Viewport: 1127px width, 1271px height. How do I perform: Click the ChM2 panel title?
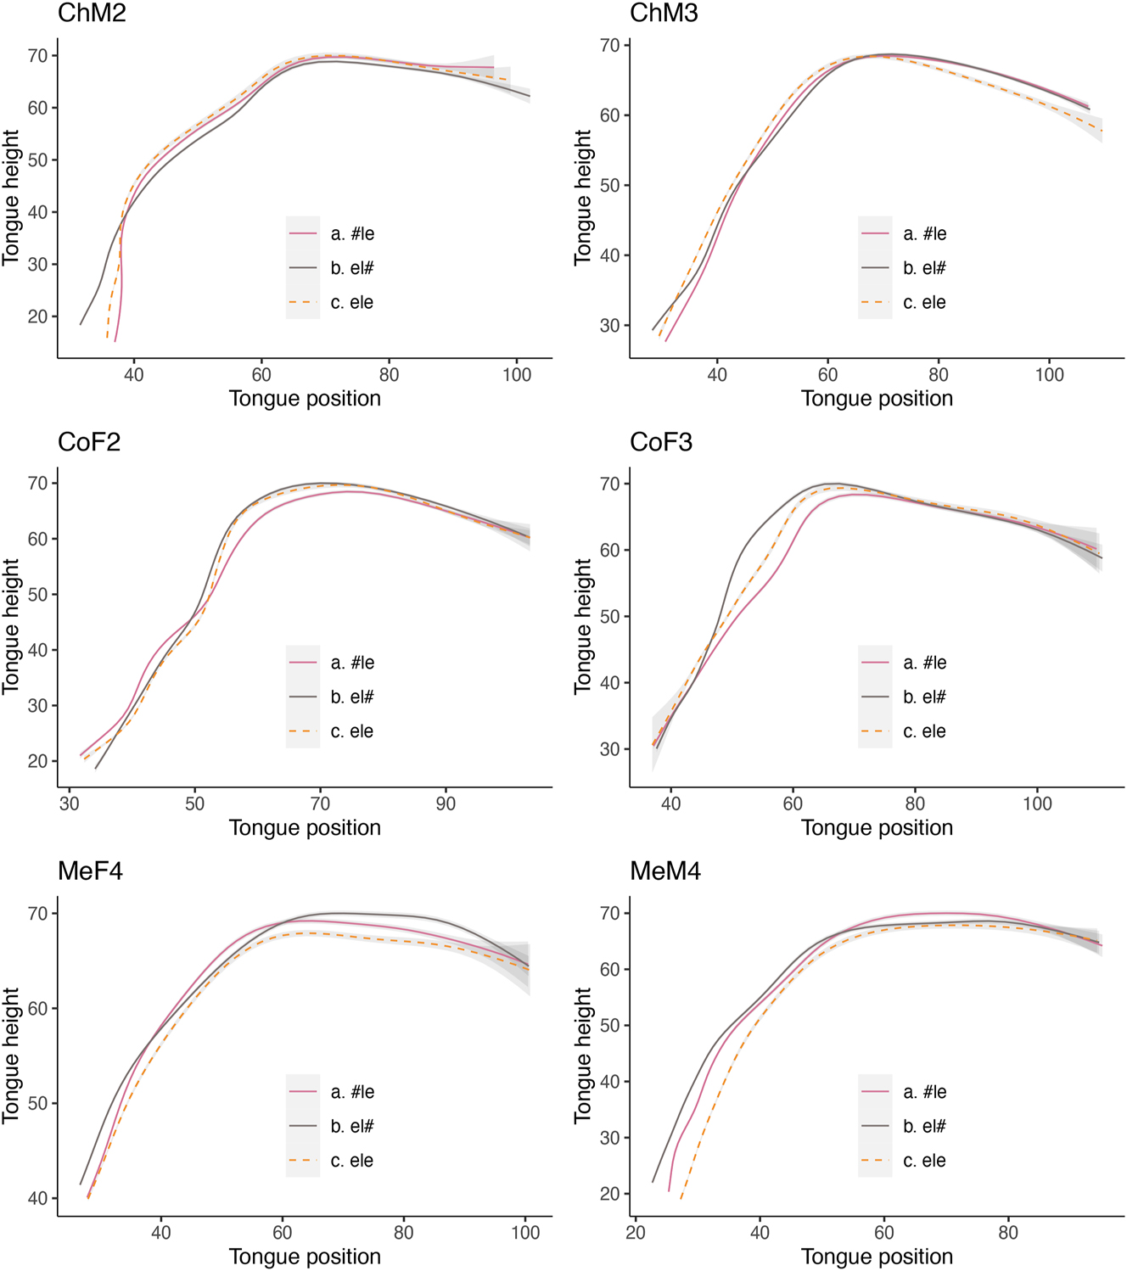[92, 13]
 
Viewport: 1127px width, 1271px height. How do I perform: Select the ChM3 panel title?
[664, 13]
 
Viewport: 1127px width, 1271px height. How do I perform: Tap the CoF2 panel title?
[89, 442]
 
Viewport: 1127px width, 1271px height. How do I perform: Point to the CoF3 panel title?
[661, 442]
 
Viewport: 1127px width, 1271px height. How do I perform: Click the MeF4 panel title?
[90, 871]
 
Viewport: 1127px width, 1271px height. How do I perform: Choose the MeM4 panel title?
[665, 871]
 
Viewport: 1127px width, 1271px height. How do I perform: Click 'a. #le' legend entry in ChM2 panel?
[352, 234]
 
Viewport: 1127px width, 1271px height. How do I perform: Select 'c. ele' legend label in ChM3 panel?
[924, 303]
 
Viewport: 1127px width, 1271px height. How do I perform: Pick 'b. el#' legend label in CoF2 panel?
[352, 697]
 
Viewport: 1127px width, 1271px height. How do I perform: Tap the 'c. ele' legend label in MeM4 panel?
[924, 1161]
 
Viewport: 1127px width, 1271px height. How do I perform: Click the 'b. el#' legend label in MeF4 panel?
[352, 1127]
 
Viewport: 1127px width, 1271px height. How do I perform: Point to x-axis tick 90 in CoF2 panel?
[446, 803]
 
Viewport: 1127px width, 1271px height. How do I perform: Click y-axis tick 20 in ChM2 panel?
[38, 316]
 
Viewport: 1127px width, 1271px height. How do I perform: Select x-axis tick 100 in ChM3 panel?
[1049, 374]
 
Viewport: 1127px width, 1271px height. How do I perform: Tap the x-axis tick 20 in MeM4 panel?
[636, 1233]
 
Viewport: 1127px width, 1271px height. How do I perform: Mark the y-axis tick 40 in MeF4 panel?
[38, 1199]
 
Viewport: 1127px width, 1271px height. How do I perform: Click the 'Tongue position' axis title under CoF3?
[877, 827]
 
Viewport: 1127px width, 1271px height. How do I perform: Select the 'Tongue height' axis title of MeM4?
[583, 1055]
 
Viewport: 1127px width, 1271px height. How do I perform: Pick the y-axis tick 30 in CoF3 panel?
[610, 749]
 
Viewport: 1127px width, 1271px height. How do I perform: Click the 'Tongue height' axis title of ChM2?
[11, 197]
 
